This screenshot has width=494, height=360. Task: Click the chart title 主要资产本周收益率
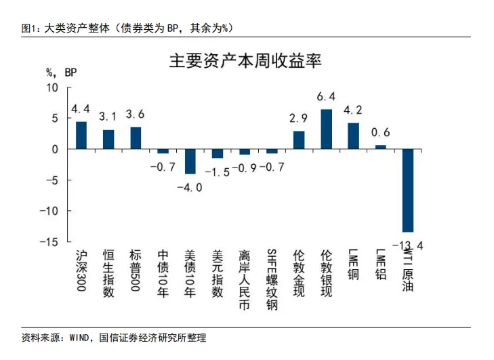(245, 62)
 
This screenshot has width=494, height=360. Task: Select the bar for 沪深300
(81, 135)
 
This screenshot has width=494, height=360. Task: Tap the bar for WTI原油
(407, 191)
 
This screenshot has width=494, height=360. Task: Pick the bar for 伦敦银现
(326, 129)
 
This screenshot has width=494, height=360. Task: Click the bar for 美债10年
(190, 161)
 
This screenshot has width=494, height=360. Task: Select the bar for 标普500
(136, 138)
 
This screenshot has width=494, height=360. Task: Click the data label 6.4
(326, 96)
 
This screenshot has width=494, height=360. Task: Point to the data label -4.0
(190, 187)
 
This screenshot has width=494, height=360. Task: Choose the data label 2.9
(299, 118)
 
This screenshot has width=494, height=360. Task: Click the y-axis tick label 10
(53, 87)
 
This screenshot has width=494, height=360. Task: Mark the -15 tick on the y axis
(50, 241)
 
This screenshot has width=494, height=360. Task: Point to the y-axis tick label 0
(56, 149)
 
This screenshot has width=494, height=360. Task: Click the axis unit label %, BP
(62, 72)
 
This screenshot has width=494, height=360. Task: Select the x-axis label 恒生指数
(108, 273)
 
